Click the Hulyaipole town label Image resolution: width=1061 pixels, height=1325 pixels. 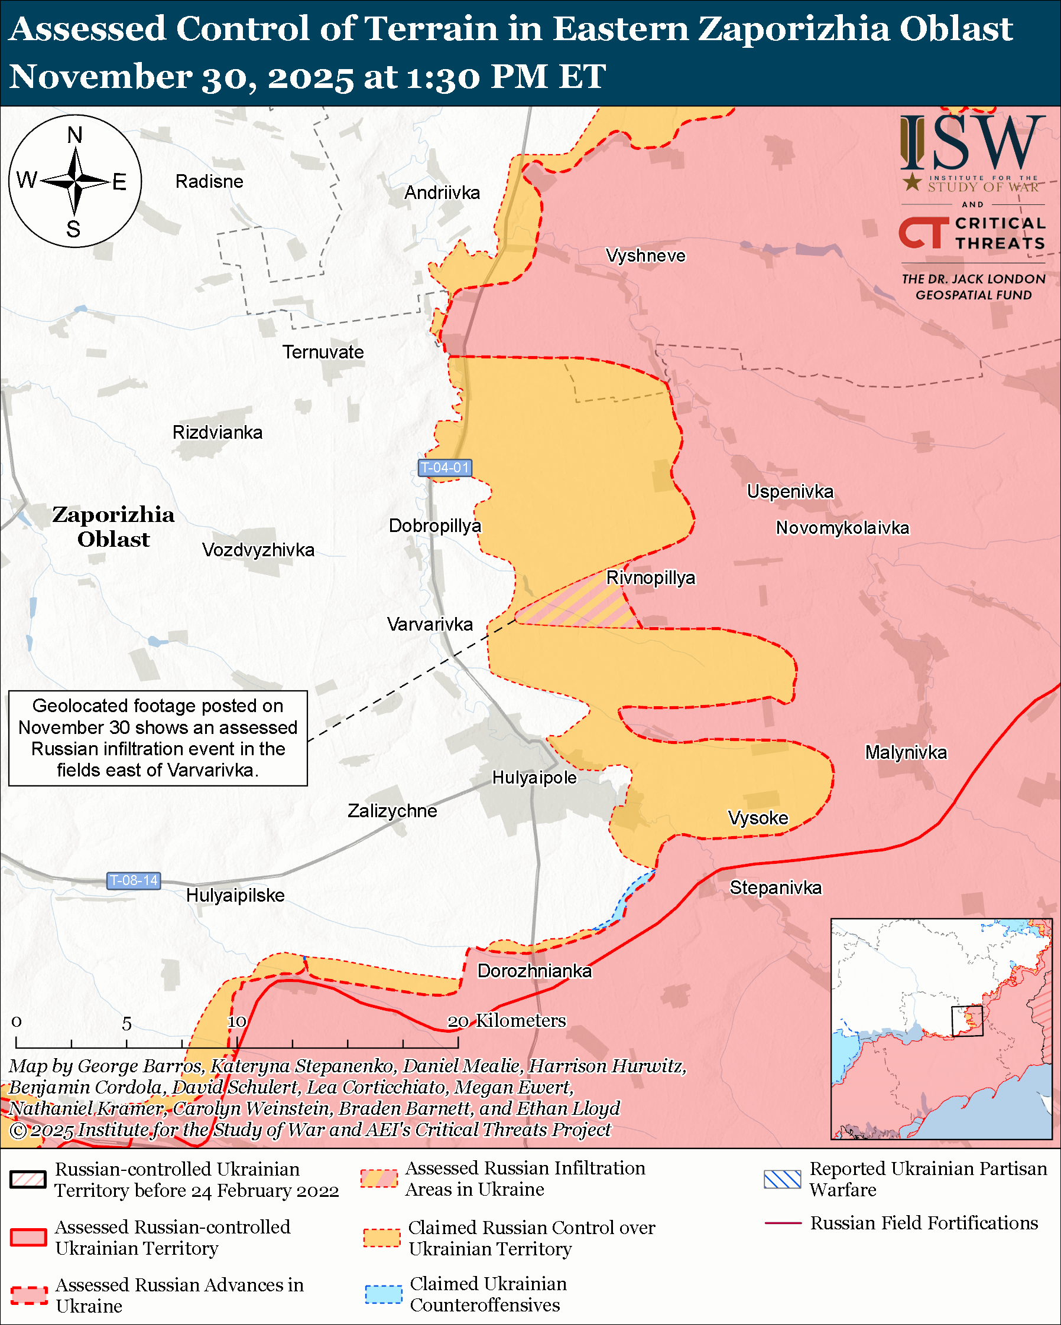pyautogui.click(x=534, y=778)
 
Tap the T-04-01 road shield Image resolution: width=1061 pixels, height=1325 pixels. pyautogui.click(x=444, y=468)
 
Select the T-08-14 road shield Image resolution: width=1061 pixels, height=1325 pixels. pyautogui.click(x=134, y=880)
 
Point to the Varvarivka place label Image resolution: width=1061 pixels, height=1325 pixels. pyautogui.click(x=430, y=624)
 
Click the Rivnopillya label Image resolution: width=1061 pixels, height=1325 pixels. pyautogui.click(x=651, y=577)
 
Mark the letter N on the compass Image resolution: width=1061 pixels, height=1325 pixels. pyautogui.click(x=74, y=135)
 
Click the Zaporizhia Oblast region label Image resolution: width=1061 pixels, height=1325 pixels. pyautogui.click(x=113, y=527)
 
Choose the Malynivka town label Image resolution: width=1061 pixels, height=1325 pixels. pyautogui.click(x=906, y=752)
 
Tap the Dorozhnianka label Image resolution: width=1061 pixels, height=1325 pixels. pyautogui.click(x=534, y=971)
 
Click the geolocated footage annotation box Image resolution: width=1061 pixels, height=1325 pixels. pyautogui.click(x=158, y=737)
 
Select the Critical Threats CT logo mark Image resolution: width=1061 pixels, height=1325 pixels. pyautogui.click(x=923, y=233)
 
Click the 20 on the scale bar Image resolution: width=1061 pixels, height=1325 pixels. pyautogui.click(x=458, y=1022)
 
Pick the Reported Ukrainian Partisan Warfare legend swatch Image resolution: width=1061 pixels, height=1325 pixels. pyautogui.click(x=783, y=1179)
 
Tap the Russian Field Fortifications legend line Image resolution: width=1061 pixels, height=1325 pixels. pyautogui.click(x=783, y=1223)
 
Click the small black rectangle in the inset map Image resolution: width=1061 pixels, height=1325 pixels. pyautogui.click(x=967, y=1021)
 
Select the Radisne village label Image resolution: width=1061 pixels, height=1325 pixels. pyautogui.click(x=209, y=181)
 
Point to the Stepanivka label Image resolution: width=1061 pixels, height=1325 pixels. pyautogui.click(x=775, y=887)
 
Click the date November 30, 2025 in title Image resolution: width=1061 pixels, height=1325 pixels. pyautogui.click(x=181, y=77)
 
